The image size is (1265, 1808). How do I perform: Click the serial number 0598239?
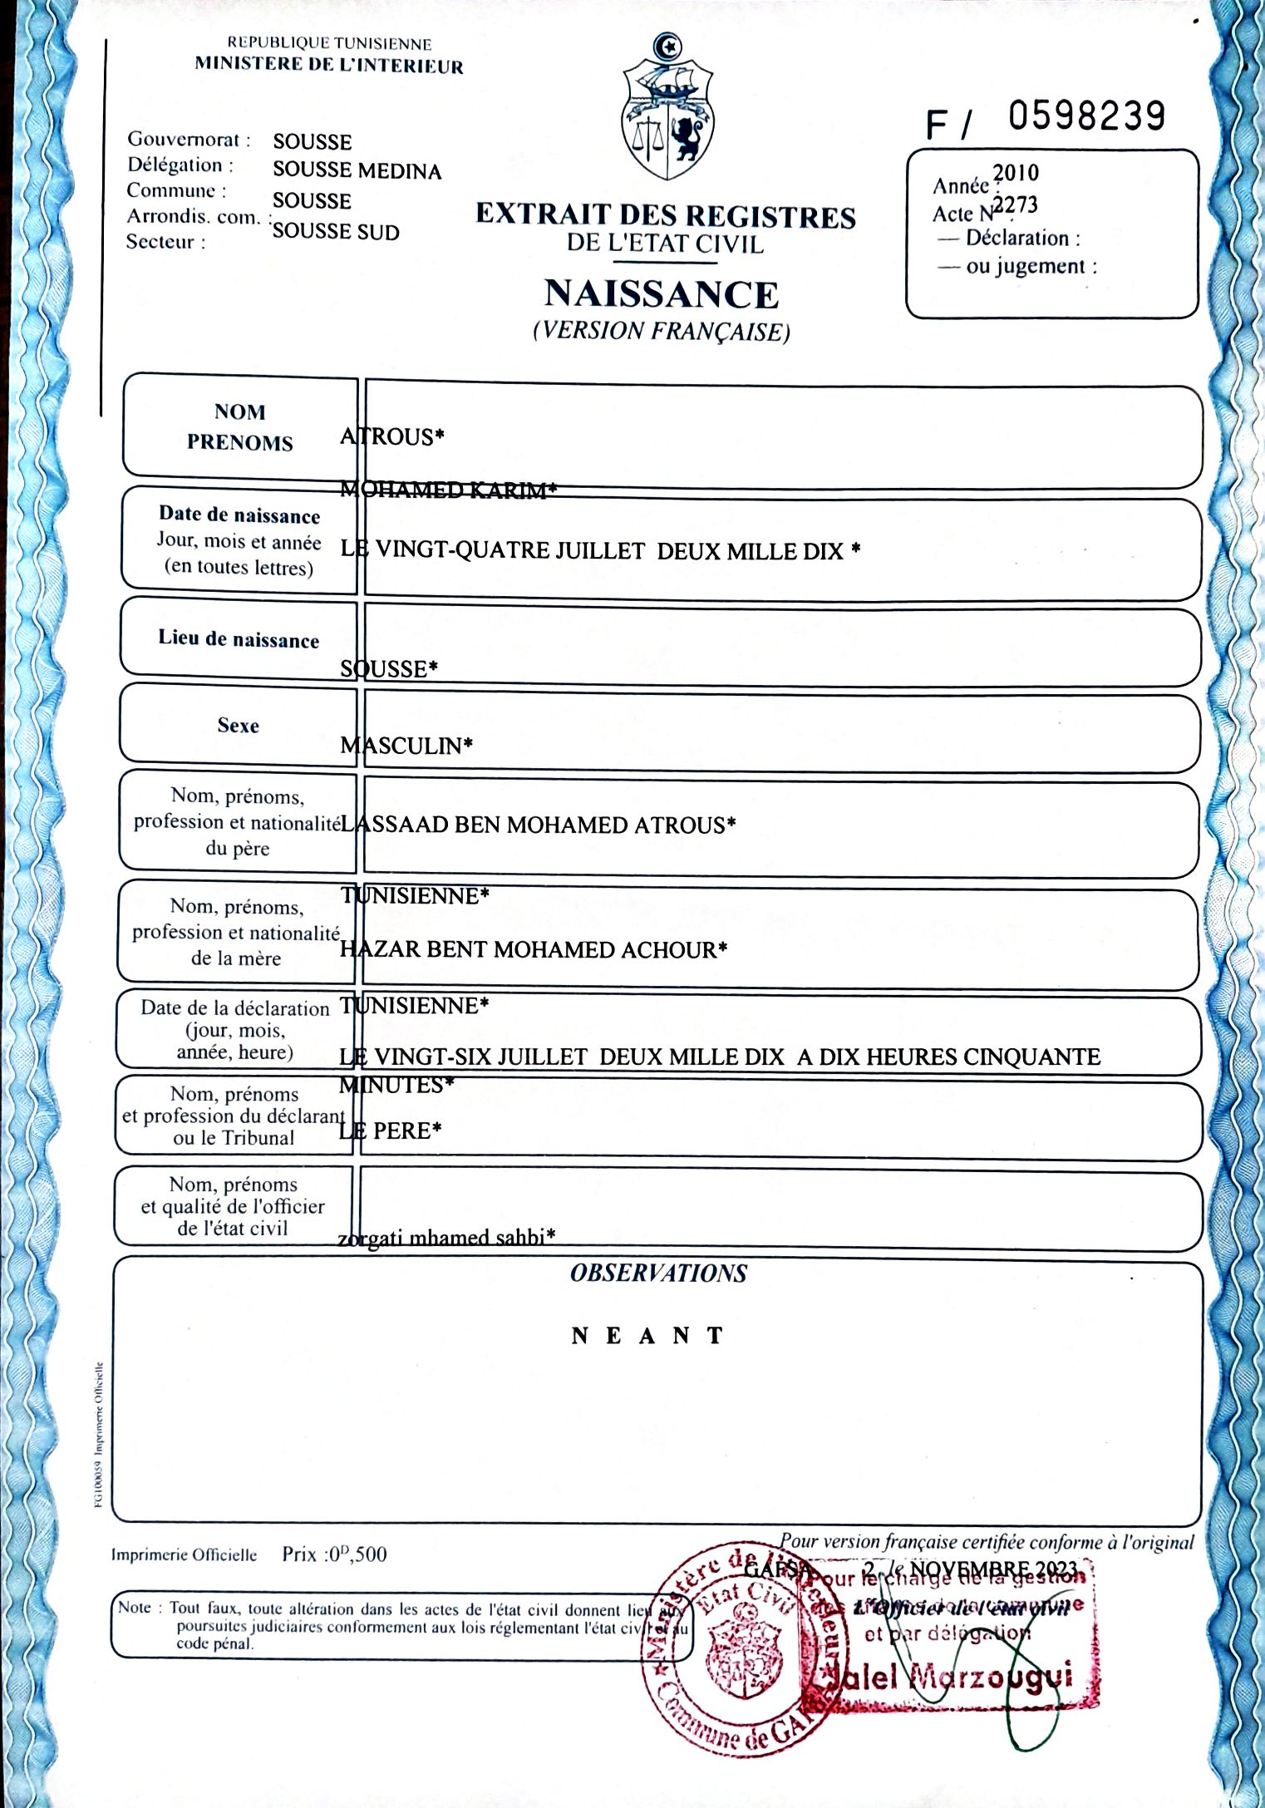(1086, 116)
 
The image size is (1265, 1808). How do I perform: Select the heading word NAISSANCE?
(662, 294)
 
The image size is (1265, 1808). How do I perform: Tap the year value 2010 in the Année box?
(1016, 173)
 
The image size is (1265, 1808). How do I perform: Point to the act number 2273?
(1016, 204)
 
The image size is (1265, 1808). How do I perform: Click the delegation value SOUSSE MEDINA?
(357, 171)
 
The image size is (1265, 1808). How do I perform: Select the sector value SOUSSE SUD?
(336, 232)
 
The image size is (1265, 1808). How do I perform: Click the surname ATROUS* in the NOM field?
(392, 437)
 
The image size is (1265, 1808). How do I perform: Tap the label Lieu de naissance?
(239, 639)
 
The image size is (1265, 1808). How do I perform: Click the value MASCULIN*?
(406, 746)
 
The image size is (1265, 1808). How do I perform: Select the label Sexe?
(239, 726)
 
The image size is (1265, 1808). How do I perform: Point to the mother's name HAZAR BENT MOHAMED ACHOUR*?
(534, 949)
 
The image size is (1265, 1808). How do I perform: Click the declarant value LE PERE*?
(391, 1131)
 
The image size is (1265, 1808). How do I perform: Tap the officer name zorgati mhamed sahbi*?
(446, 1238)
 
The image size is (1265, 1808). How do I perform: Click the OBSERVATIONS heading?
(658, 1273)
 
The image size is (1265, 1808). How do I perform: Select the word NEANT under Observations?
(648, 1336)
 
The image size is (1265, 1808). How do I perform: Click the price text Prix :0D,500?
(334, 1554)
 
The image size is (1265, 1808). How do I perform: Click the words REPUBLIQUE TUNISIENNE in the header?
(329, 44)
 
